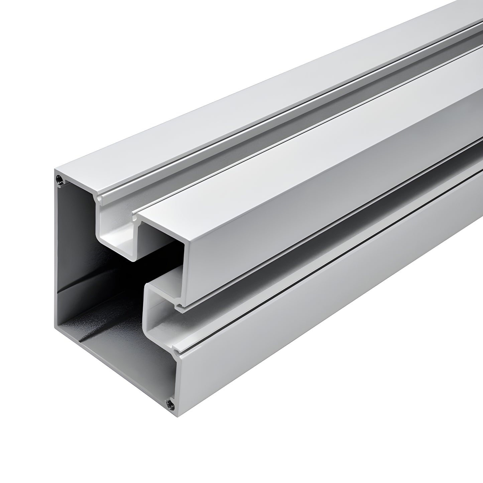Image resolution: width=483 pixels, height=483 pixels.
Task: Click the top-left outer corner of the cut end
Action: pos(55,170)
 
